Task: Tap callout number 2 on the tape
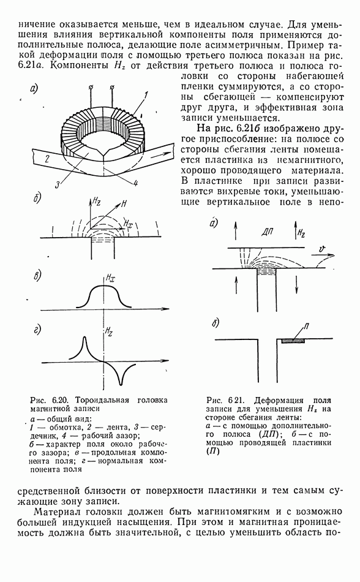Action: coord(47,159)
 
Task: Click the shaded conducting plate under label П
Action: coord(293,339)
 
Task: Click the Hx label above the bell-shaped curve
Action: coord(109,278)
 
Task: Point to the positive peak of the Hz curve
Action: coord(84,338)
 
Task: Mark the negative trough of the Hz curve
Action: coord(120,383)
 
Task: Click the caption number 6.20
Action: coord(59,400)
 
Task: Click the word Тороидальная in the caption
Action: coord(102,400)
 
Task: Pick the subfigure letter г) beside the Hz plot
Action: coord(38,330)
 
